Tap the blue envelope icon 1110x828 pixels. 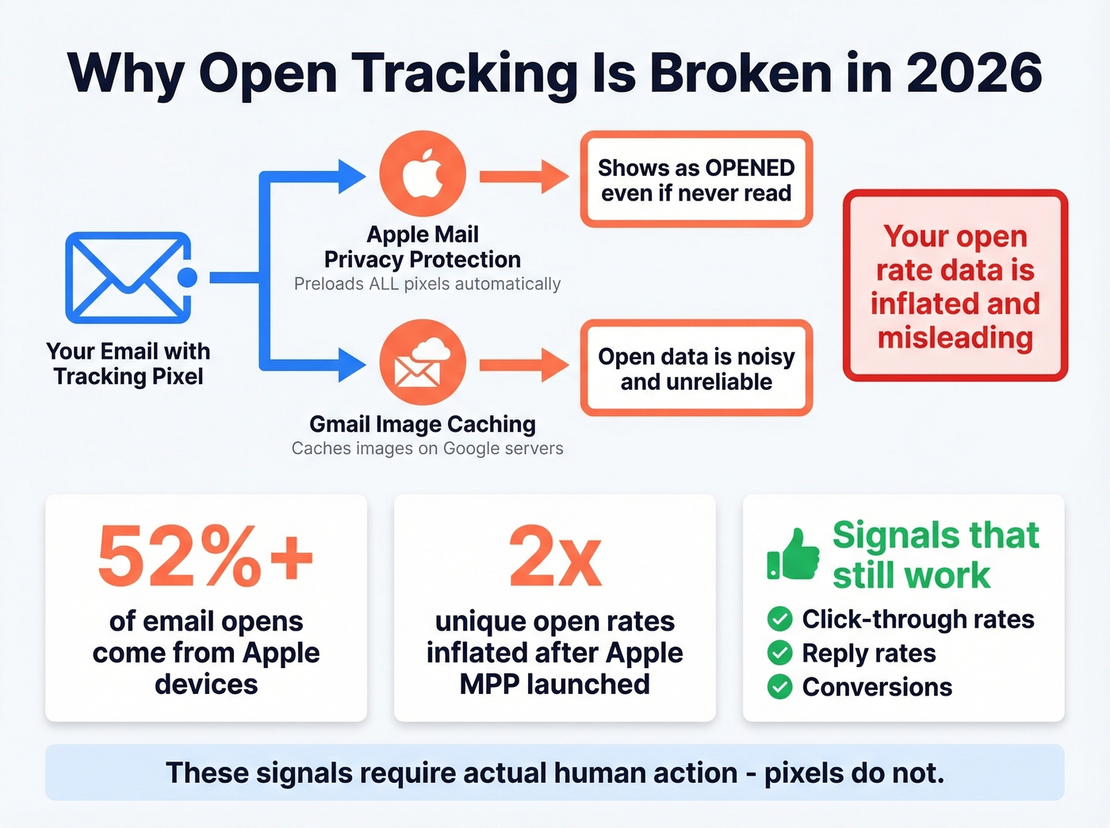coord(128,277)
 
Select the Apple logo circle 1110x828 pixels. coord(423,174)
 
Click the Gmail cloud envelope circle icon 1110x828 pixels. coord(423,363)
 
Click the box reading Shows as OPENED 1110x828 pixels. coord(696,180)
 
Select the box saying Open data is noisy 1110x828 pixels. coord(696,368)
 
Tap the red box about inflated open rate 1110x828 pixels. coord(955,286)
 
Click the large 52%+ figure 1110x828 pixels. coord(205,557)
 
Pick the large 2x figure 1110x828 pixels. coord(555,557)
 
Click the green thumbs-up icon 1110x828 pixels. coord(793,555)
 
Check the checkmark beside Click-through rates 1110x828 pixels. coord(780,619)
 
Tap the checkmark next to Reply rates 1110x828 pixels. coord(780,653)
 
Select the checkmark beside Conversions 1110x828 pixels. coord(780,687)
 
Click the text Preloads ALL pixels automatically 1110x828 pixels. coord(427,284)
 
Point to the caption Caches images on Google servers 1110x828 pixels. coord(427,448)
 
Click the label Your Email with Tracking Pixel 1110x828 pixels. coord(128,364)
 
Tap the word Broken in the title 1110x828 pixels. coord(741,73)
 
